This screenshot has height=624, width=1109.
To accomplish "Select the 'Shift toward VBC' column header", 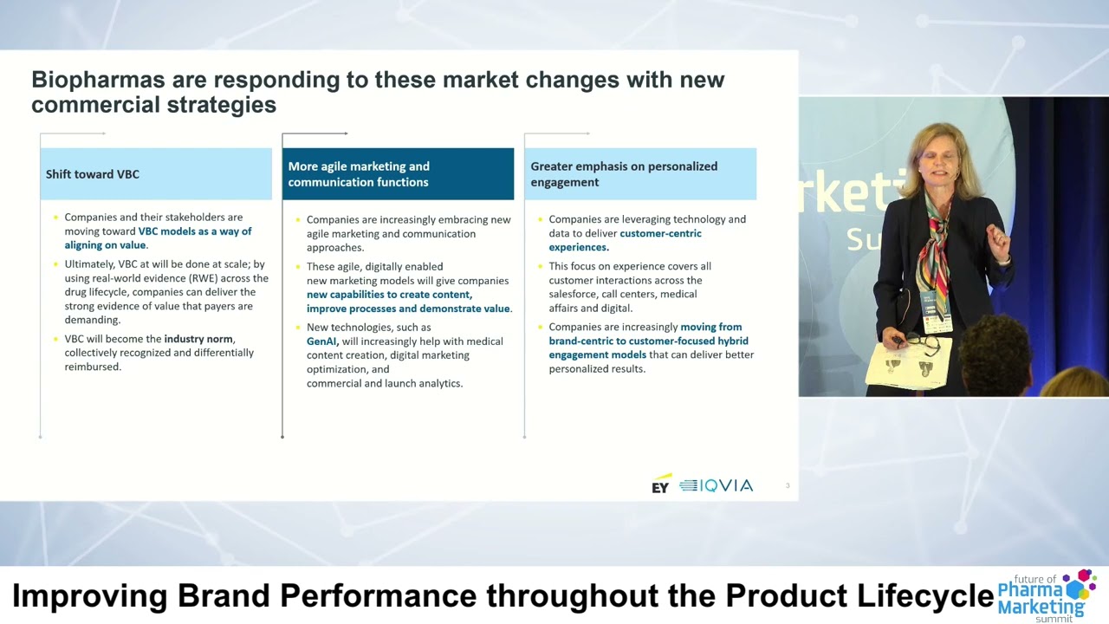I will click(93, 174).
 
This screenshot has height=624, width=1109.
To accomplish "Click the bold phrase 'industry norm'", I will click(199, 339).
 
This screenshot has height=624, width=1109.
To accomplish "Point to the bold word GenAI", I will click(321, 341).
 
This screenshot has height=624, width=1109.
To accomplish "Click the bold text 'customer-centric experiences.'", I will click(625, 240).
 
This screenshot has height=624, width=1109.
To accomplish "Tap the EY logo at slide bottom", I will click(661, 484).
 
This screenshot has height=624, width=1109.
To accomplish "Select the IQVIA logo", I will click(717, 485).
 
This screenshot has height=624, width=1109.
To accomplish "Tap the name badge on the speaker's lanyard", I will click(937, 322).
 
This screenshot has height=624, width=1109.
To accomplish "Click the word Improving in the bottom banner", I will click(90, 596).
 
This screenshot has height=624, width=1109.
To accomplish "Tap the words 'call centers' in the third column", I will click(627, 294).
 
